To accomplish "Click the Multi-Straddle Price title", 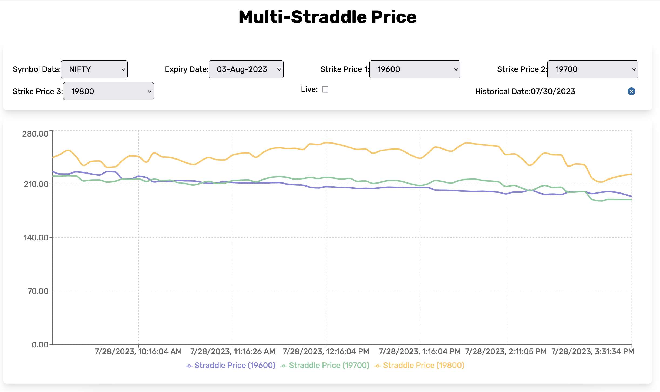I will click(x=327, y=17).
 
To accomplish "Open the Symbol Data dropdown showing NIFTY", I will click(x=94, y=69).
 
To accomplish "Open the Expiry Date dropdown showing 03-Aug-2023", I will click(x=246, y=69).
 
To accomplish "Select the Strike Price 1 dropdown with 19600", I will click(x=415, y=69).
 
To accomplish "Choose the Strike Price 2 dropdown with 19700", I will click(x=592, y=69).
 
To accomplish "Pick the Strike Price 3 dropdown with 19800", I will click(x=108, y=91).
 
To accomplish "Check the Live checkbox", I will click(x=325, y=89).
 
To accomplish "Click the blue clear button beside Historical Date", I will click(x=631, y=91).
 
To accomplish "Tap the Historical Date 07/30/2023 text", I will click(x=525, y=91).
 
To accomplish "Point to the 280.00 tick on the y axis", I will click(x=35, y=134).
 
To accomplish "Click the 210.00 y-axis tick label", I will click(x=36, y=184).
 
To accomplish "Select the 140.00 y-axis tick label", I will click(x=36, y=238).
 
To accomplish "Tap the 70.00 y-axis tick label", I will click(x=38, y=291).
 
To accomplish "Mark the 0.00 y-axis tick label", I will click(x=40, y=345).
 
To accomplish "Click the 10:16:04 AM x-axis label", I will click(x=138, y=351).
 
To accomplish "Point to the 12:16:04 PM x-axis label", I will click(x=326, y=351).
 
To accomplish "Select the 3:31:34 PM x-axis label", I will click(x=592, y=351).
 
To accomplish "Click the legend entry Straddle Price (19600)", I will click(x=231, y=366).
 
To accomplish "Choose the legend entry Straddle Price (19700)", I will click(x=325, y=366).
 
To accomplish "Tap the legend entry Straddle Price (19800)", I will click(x=419, y=366).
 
